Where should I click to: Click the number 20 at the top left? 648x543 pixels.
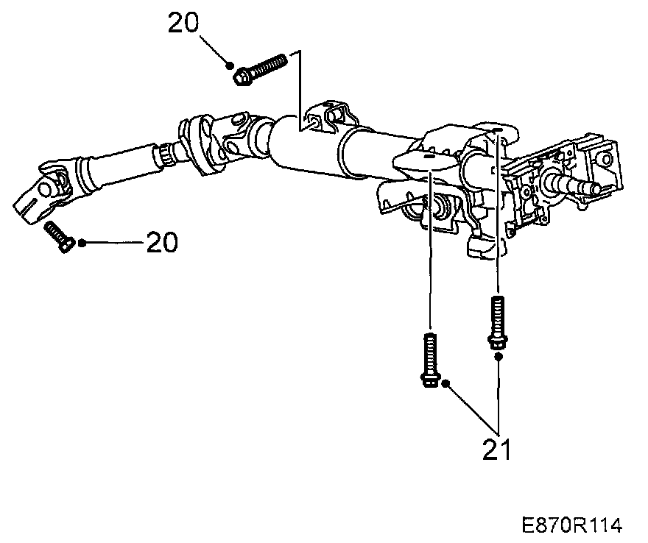point(183,24)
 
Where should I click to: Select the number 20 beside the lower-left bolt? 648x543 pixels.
point(162,242)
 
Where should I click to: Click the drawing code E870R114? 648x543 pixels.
point(572,525)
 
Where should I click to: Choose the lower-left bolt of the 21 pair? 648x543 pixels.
point(429,359)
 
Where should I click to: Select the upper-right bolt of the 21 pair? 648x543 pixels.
point(497,320)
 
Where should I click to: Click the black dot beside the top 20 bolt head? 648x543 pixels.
point(231,65)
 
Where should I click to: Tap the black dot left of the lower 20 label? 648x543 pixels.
point(82,242)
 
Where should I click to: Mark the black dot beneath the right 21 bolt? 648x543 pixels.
point(498,356)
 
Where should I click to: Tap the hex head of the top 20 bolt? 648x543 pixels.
point(241,75)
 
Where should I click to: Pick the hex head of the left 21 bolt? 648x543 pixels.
point(429,380)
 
